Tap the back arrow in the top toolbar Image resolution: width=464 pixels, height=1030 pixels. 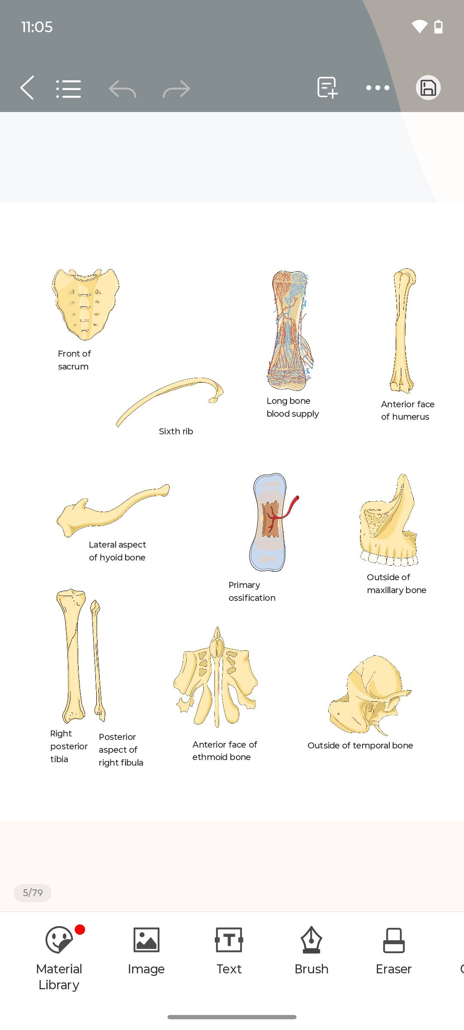(x=27, y=88)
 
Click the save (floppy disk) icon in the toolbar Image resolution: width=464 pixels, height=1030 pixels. (x=428, y=88)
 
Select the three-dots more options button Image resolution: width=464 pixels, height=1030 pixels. (x=378, y=88)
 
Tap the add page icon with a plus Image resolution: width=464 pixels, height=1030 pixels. (x=327, y=88)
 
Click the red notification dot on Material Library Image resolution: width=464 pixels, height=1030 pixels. (x=80, y=930)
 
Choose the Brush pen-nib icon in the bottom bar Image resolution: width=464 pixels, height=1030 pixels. (x=311, y=940)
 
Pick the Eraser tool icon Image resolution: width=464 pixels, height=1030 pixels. (x=394, y=940)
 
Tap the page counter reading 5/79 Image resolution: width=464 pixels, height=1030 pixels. (x=33, y=893)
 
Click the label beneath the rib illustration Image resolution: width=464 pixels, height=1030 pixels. (x=176, y=431)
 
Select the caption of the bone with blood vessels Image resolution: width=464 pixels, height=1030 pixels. (x=293, y=407)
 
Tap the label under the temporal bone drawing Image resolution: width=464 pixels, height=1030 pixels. (x=360, y=745)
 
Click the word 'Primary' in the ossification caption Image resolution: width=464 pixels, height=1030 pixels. (x=244, y=585)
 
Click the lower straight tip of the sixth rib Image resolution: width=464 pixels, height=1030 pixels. (x=117, y=425)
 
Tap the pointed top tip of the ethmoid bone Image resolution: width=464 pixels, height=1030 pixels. (x=217, y=628)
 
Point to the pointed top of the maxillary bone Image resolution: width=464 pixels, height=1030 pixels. (x=403, y=475)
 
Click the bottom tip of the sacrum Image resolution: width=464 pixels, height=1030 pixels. (x=85, y=339)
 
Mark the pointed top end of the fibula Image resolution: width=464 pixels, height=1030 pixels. (x=95, y=601)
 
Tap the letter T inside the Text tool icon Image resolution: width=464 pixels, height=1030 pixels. (x=229, y=940)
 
